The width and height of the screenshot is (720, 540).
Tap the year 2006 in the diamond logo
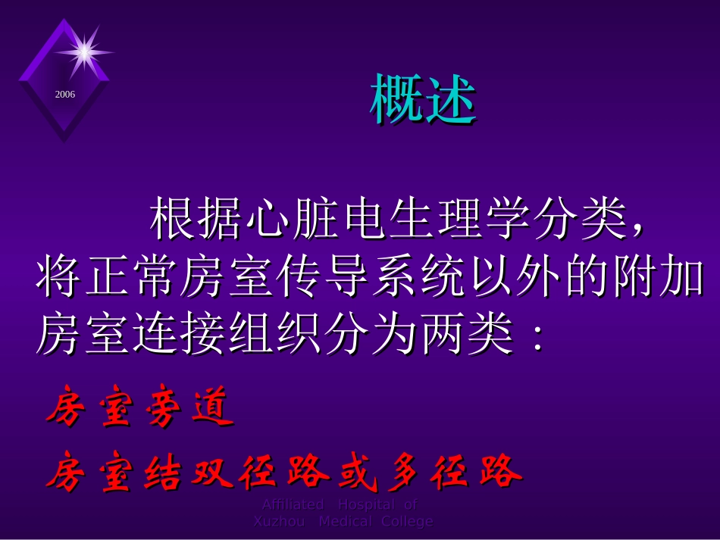(x=64, y=95)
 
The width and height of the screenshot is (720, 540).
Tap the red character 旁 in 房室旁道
(x=165, y=410)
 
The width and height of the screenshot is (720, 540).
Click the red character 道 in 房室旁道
(x=213, y=410)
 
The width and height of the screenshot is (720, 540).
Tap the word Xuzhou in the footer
(x=278, y=521)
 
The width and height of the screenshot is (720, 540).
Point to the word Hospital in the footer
(x=366, y=504)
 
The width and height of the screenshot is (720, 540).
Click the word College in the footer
(x=407, y=521)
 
